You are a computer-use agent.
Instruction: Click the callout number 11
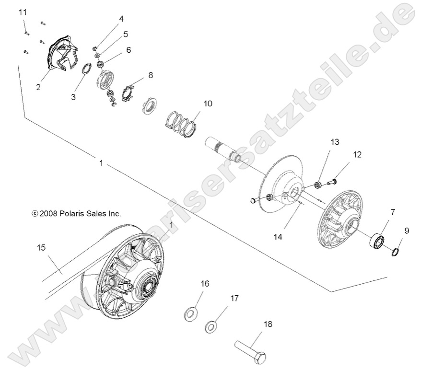(x=23, y=12)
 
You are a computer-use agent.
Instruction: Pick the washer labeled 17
(x=210, y=328)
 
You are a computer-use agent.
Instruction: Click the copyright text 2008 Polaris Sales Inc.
(x=76, y=214)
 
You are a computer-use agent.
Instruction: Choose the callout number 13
(x=334, y=141)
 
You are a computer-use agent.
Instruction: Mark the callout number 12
(x=357, y=154)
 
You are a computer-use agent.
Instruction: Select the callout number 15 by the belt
(x=42, y=247)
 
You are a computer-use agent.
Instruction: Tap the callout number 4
(x=121, y=19)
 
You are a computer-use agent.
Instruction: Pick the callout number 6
(x=129, y=50)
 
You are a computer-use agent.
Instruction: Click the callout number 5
(x=125, y=34)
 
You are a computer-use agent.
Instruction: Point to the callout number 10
(x=207, y=104)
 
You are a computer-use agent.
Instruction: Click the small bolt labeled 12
(x=331, y=181)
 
